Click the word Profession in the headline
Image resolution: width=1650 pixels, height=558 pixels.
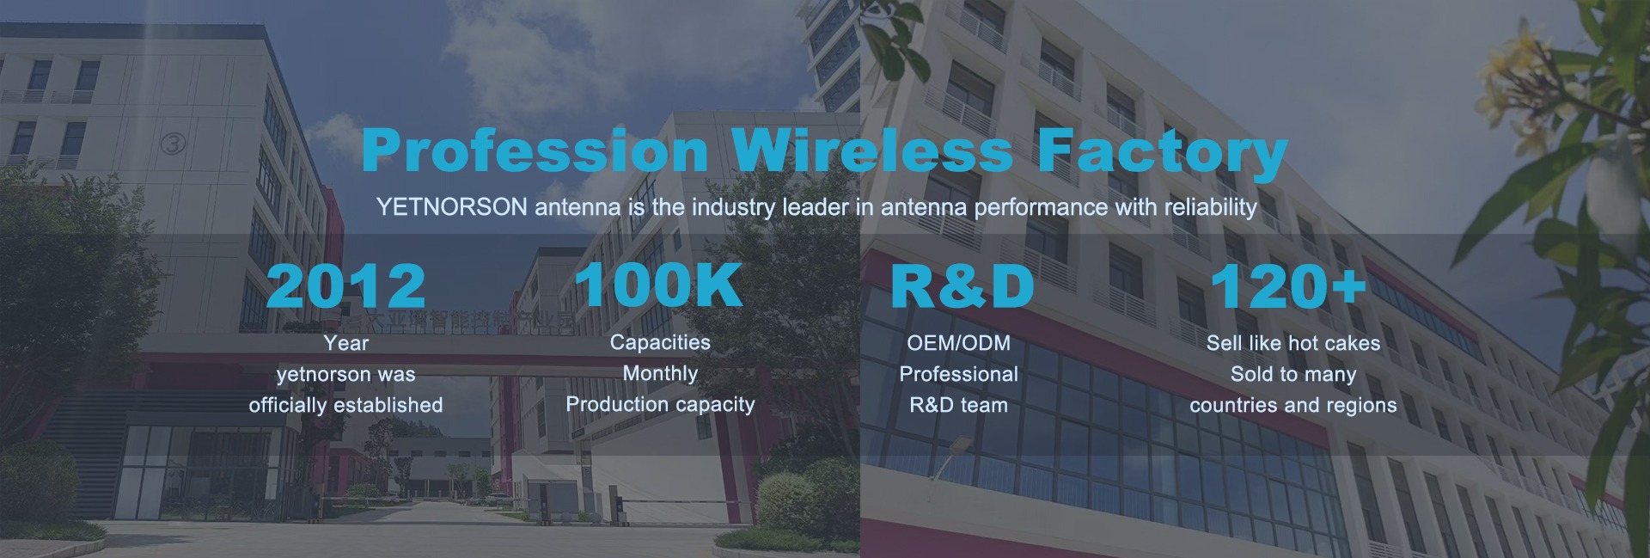click(x=535, y=151)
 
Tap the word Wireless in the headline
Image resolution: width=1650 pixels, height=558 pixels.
click(x=873, y=151)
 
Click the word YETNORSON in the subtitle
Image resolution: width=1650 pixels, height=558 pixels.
click(x=452, y=207)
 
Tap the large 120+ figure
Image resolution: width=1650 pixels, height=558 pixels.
click(x=1287, y=285)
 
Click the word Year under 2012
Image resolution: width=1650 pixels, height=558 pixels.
click(x=346, y=343)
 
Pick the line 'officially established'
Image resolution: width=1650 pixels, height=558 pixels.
click(x=346, y=405)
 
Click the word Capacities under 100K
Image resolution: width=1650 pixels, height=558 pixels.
click(x=660, y=342)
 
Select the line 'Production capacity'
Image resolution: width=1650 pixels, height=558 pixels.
click(x=660, y=405)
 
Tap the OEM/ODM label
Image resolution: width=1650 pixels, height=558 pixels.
click(x=959, y=343)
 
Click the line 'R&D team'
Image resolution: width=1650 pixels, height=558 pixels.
click(x=959, y=405)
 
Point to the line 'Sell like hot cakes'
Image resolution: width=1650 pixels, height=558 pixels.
click(x=1293, y=343)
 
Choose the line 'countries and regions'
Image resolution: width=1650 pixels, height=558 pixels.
click(x=1293, y=406)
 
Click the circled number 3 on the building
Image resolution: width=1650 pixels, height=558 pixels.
click(x=173, y=143)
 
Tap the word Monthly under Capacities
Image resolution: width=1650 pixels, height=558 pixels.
click(x=660, y=374)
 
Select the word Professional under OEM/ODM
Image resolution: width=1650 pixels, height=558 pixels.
click(x=959, y=374)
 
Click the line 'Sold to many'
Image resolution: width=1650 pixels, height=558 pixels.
click(x=1293, y=375)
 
